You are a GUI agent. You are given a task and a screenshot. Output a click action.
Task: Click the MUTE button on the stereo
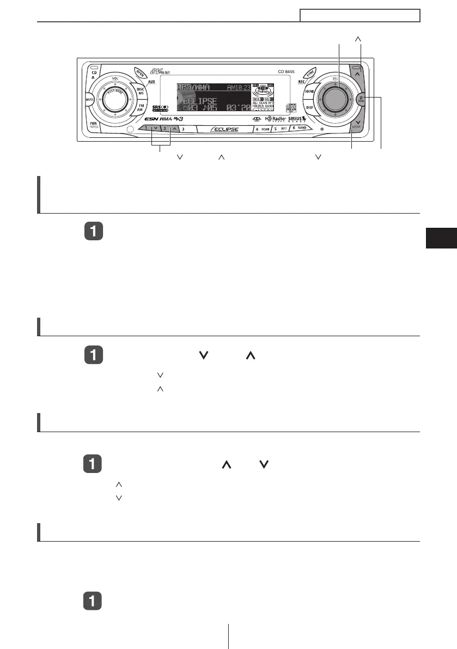[89, 100]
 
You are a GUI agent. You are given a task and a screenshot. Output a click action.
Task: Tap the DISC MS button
[140, 92]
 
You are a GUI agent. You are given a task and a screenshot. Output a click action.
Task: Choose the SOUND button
[309, 90]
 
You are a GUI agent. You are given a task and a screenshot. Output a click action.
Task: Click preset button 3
[183, 129]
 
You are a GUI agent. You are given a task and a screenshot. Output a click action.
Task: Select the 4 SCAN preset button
[263, 129]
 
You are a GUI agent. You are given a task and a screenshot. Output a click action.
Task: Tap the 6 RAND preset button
[299, 129]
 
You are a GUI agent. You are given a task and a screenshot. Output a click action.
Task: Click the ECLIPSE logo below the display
[224, 130]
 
